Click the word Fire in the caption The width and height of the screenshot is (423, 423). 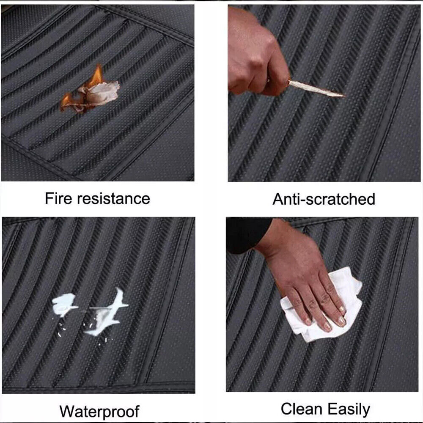[x=58, y=198]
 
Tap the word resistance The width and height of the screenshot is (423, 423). [x=113, y=199]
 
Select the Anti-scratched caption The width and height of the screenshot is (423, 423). [x=324, y=199]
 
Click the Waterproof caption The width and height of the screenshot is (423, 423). [x=99, y=412]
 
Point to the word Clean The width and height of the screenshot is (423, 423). [x=302, y=409]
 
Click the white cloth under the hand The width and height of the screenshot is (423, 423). [x=321, y=305]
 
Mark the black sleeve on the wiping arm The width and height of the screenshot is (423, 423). [x=247, y=235]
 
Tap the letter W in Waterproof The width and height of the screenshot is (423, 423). [x=67, y=412]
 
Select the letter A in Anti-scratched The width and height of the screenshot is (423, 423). [x=278, y=199]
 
